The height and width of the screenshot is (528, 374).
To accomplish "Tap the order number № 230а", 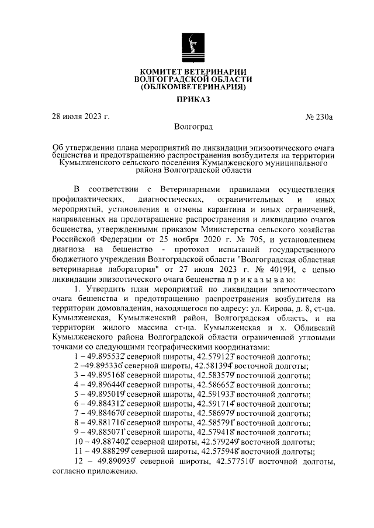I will coord(318,117).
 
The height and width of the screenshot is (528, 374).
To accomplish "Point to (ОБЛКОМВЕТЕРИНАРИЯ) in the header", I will coord(193,87).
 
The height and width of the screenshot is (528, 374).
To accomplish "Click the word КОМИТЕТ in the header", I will coord(161,71).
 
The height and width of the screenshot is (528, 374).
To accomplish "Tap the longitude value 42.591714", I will coord(217,404).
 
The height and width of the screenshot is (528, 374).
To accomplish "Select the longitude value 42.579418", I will coord(217,432).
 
